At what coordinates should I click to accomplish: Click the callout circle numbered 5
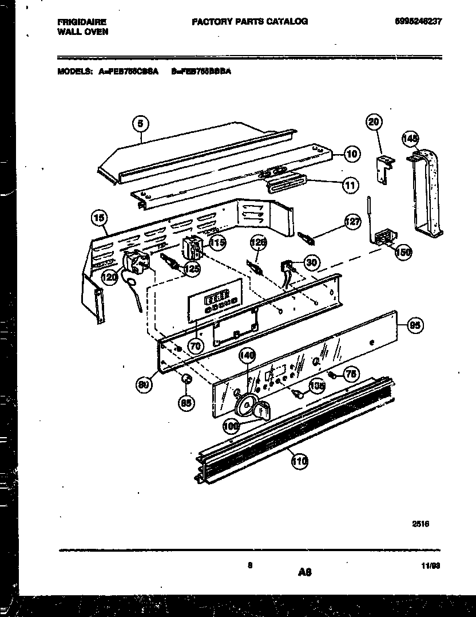[141, 123]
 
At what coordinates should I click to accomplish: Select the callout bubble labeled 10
[352, 153]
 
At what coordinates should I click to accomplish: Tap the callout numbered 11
[350, 184]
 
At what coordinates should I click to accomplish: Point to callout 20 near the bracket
[374, 122]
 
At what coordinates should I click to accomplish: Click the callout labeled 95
[415, 325]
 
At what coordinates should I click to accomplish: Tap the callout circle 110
[298, 460]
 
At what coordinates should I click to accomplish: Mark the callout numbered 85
[186, 403]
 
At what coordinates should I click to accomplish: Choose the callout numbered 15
[100, 218]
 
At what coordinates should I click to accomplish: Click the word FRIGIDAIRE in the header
[81, 22]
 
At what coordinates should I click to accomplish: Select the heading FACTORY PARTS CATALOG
[249, 21]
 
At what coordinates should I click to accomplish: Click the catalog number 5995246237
[418, 21]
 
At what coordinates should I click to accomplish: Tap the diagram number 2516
[421, 524]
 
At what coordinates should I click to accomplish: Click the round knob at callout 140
[246, 404]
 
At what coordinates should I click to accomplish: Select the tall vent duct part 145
[427, 195]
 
